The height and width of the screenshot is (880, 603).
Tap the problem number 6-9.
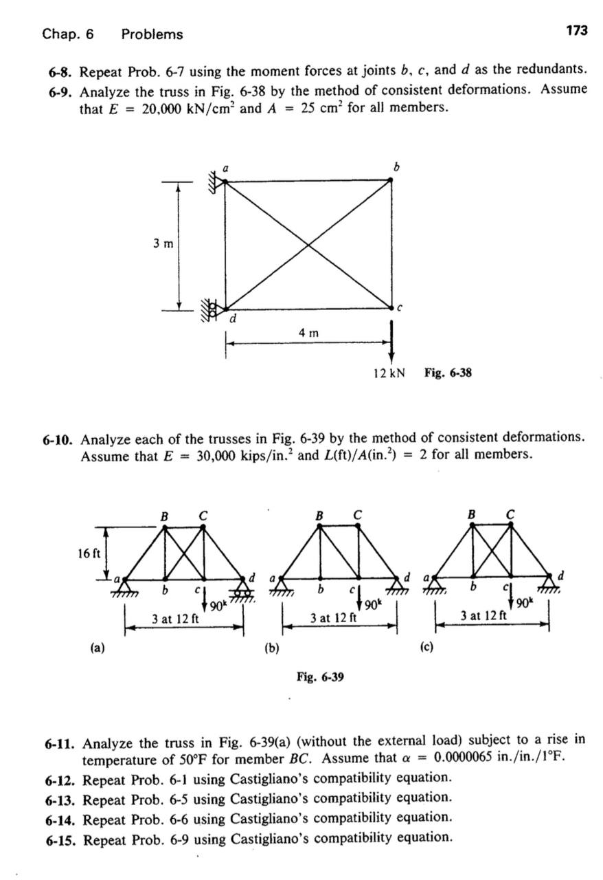tap(60, 90)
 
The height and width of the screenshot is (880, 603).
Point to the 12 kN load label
tap(388, 373)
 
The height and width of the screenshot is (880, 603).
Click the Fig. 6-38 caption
tap(448, 373)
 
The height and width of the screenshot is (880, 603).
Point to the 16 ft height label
tap(89, 553)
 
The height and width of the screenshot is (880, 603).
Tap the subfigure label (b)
tap(271, 647)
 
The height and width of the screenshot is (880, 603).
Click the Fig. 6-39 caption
tap(320, 678)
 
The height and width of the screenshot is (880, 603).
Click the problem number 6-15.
tap(62, 838)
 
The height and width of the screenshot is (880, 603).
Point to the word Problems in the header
tap(152, 34)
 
